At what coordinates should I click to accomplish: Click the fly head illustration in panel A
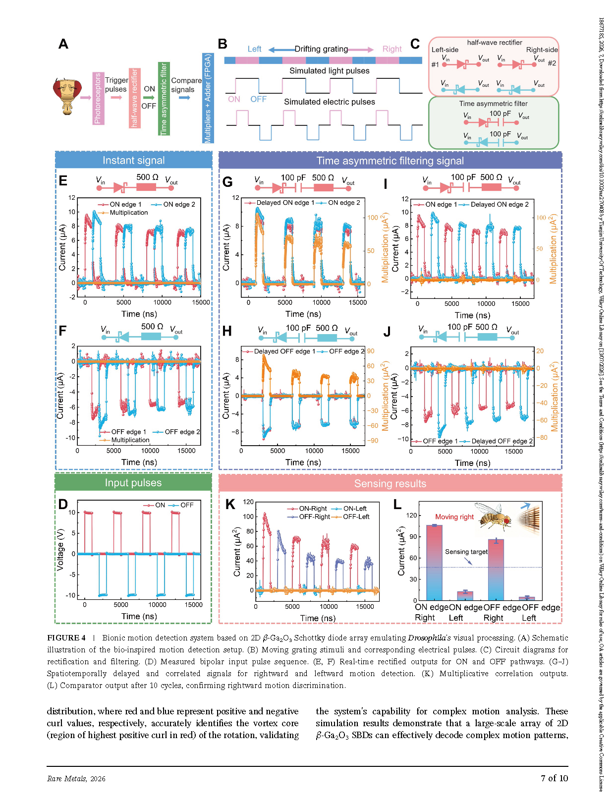click(x=67, y=96)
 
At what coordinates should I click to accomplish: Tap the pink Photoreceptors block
click(x=98, y=98)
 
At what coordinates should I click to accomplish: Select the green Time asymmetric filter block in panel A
click(x=164, y=99)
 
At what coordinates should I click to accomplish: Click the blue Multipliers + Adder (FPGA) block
click(x=208, y=98)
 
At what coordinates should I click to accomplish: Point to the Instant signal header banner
click(x=134, y=160)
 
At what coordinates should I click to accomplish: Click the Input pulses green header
click(x=133, y=482)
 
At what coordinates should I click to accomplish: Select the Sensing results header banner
click(x=390, y=483)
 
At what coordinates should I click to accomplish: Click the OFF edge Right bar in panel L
click(x=496, y=570)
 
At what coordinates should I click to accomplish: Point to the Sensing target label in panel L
click(x=466, y=551)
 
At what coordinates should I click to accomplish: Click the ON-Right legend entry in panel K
click(x=307, y=509)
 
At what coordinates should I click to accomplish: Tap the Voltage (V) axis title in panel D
click(x=60, y=550)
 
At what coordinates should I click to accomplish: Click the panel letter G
click(x=227, y=182)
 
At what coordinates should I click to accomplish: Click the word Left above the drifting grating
click(x=254, y=49)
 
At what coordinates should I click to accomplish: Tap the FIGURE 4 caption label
click(x=66, y=637)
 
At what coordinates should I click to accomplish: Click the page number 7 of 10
click(x=554, y=778)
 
